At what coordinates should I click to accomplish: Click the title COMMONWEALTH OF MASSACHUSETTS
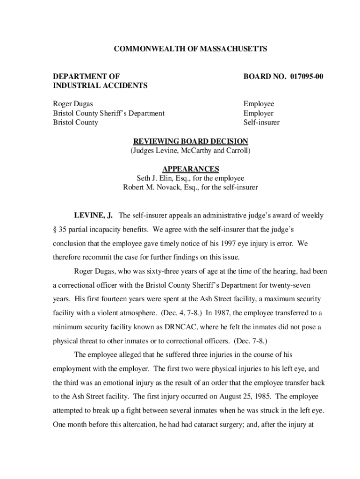(x=191, y=49)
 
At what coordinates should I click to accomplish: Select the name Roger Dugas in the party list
(x=72, y=104)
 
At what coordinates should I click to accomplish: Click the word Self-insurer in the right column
(x=261, y=123)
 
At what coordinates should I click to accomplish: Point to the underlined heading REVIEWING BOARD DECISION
(x=191, y=142)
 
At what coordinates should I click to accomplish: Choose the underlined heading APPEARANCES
(x=190, y=169)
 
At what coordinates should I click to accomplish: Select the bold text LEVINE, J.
(x=94, y=216)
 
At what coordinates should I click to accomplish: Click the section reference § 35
(x=58, y=230)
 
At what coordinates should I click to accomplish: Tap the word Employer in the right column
(x=259, y=113)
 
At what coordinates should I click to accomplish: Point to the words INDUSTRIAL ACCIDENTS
(x=100, y=85)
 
